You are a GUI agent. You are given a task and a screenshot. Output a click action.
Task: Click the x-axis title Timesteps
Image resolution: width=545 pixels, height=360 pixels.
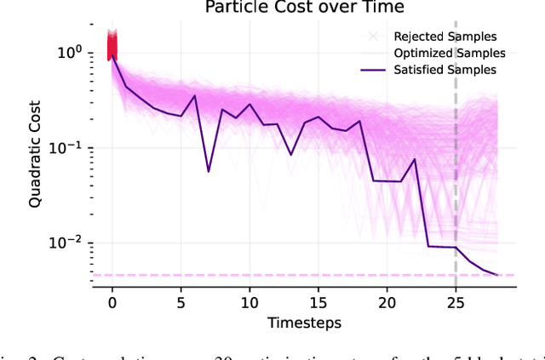pyautogui.click(x=304, y=323)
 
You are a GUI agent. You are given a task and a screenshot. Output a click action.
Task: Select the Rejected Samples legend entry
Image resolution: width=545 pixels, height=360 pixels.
pyautogui.click(x=435, y=37)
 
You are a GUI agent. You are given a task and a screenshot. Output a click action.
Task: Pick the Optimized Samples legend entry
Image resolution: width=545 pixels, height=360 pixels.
pyautogui.click(x=438, y=54)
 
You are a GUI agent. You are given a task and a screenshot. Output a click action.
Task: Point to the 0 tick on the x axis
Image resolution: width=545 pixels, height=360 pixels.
pyautogui.click(x=112, y=302)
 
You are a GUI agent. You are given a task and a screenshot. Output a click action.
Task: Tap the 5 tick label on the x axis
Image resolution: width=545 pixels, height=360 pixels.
pyautogui.click(x=181, y=302)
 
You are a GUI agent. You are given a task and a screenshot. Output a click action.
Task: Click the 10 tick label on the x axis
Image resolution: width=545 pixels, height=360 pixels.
pyautogui.click(x=250, y=302)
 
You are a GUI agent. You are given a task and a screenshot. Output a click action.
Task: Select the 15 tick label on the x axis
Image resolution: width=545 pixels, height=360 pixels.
pyautogui.click(x=318, y=302)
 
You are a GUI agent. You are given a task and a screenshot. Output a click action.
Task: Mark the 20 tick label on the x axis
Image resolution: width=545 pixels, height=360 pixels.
pyautogui.click(x=387, y=302)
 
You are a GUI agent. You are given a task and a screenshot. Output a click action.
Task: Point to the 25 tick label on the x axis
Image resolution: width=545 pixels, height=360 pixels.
pyautogui.click(x=456, y=302)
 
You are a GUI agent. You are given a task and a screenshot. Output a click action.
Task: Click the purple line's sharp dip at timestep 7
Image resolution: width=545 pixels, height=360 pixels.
pyautogui.click(x=209, y=171)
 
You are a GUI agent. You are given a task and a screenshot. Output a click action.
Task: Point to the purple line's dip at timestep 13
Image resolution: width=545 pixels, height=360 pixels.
pyautogui.click(x=291, y=155)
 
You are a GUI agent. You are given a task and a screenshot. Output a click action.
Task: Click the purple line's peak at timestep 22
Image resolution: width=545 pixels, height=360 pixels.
pyautogui.click(x=415, y=158)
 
